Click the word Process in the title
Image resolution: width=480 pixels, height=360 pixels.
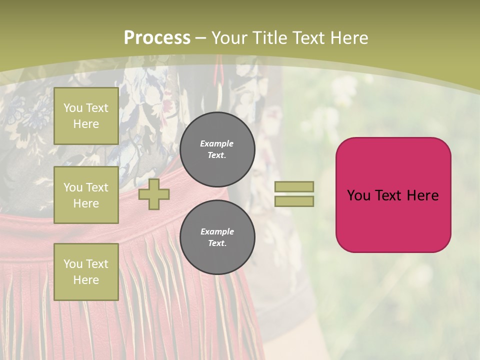tap(157, 38)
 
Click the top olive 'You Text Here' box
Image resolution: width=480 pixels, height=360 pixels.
tap(86, 116)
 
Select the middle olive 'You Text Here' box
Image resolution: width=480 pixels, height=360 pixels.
tap(86, 195)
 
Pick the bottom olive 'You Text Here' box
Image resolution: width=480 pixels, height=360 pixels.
tap(86, 272)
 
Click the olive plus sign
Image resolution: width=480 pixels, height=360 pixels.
tap(154, 194)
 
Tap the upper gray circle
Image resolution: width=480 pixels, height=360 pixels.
tap(217, 149)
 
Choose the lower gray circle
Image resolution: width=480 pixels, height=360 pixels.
tap(217, 237)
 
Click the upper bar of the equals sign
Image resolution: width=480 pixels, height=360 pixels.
tap(294, 186)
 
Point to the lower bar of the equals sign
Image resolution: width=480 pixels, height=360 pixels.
tap(294, 201)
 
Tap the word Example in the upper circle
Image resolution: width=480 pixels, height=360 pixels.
tap(217, 143)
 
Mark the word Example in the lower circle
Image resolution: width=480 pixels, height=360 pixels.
tap(217, 231)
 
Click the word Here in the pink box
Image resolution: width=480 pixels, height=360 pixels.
tap(422, 195)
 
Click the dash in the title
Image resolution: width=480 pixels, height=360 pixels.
tap(201, 38)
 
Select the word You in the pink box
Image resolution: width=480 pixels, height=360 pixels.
tap(358, 195)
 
